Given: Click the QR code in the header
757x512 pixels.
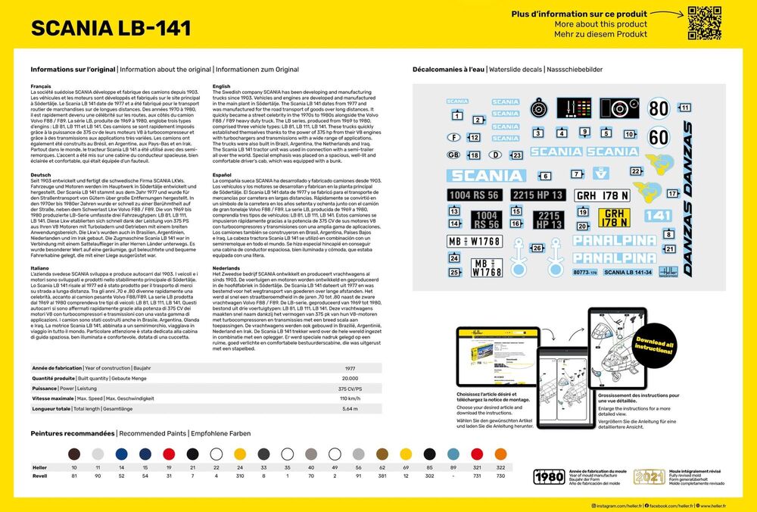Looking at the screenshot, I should (702, 22).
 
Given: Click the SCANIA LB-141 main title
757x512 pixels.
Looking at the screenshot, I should (111, 29).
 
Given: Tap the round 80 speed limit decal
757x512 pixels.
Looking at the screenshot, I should (659, 108).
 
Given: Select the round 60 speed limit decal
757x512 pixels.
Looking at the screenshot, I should (659, 137).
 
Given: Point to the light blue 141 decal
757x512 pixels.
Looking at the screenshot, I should (659, 216).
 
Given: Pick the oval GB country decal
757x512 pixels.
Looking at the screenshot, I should (453, 155).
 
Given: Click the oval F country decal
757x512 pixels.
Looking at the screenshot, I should (453, 138).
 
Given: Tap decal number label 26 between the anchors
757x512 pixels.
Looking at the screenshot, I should (537, 248).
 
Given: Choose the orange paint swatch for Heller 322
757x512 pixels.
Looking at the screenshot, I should (499, 453).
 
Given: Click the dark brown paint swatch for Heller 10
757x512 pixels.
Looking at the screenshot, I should (74, 453).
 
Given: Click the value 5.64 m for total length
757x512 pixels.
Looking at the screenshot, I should (350, 408).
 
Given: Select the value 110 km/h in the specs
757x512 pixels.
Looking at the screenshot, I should (350, 398).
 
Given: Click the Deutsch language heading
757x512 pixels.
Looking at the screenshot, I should (41, 173).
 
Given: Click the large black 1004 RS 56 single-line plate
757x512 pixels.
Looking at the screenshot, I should (475, 195).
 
